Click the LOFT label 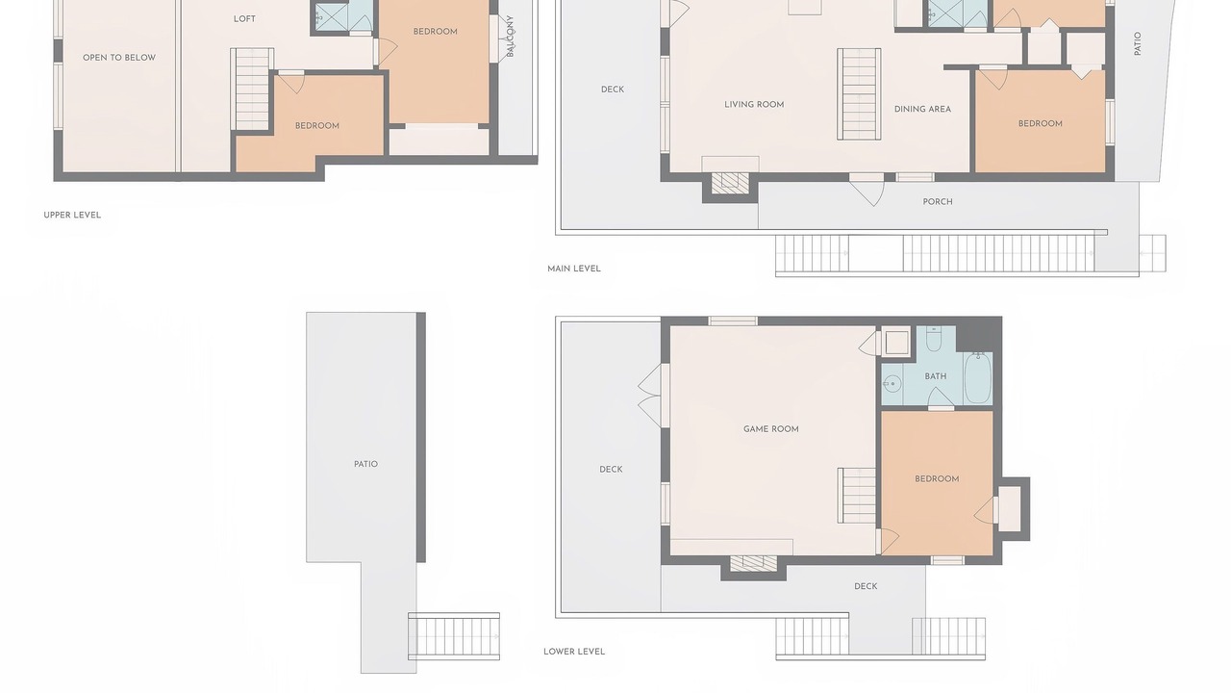[244, 19]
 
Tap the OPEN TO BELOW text [119, 58]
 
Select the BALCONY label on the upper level [510, 37]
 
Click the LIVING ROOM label [754, 105]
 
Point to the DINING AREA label [922, 109]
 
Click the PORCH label [938, 202]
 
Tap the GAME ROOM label [771, 429]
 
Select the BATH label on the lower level [936, 376]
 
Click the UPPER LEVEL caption [72, 215]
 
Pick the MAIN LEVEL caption [574, 269]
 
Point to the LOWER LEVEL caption [574, 652]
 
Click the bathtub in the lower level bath [978, 378]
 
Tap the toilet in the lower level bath [934, 339]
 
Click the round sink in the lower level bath [892, 383]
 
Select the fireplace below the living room [730, 183]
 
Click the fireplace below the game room [753, 564]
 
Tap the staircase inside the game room [857, 496]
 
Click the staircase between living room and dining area [859, 94]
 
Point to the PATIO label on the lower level [366, 464]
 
